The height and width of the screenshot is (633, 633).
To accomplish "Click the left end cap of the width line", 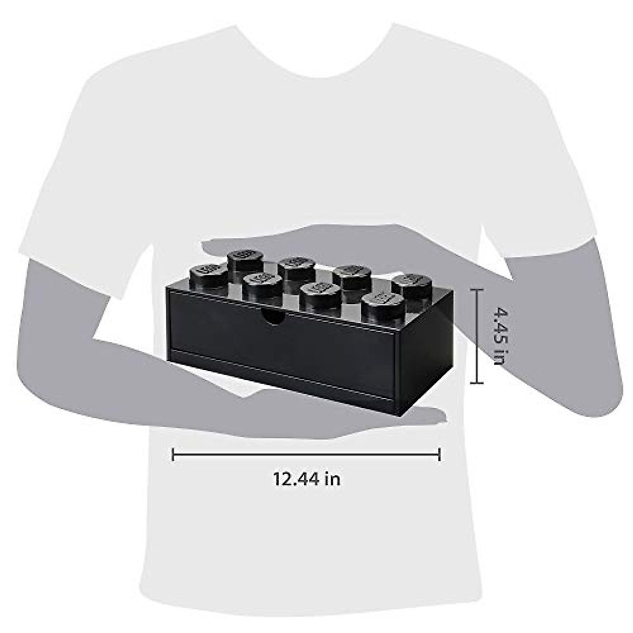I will pyautogui.click(x=174, y=454).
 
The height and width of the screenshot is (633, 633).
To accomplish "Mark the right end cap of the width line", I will pyautogui.click(x=439, y=454).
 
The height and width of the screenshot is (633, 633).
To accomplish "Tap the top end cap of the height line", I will pyautogui.click(x=477, y=290).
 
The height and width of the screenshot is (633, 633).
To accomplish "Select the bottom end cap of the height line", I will pyautogui.click(x=477, y=382).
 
